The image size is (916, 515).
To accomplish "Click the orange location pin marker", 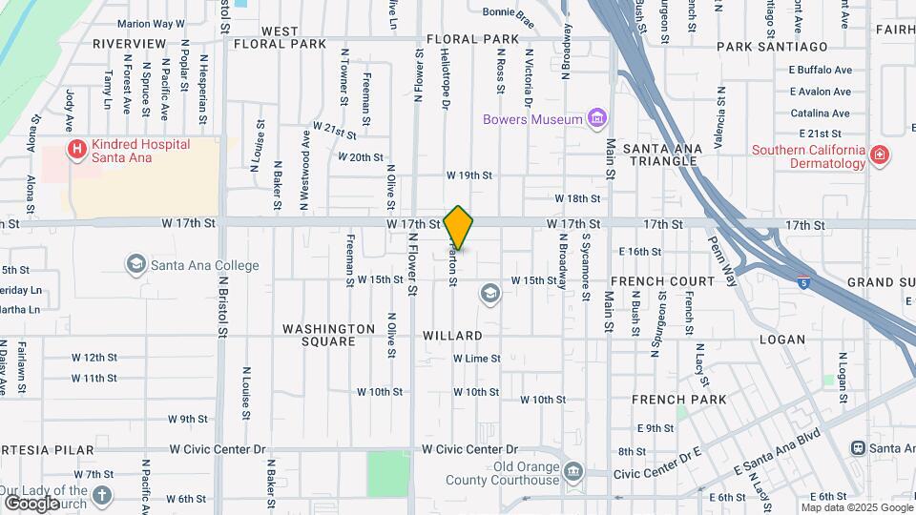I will [459, 228].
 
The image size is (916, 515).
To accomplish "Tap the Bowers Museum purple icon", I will [598, 119].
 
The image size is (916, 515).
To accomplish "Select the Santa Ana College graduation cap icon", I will [135, 264].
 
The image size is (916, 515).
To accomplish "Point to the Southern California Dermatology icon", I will [879, 154].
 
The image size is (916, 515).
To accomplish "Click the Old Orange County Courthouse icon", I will [572, 471].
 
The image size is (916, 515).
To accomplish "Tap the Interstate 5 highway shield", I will [804, 282].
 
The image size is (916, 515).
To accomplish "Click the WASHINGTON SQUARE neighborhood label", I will [329, 335].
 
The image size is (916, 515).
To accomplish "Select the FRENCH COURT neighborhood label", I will [663, 281].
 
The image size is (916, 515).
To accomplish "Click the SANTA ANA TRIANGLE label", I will [662, 154].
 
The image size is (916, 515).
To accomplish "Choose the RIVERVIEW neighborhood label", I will [130, 44].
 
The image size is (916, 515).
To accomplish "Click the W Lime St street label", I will [476, 359].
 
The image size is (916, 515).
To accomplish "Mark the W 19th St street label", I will [468, 175].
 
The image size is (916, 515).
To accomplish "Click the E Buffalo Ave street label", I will [820, 70].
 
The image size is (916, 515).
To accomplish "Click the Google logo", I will [31, 504].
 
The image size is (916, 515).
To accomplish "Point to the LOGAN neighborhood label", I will [782, 340].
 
